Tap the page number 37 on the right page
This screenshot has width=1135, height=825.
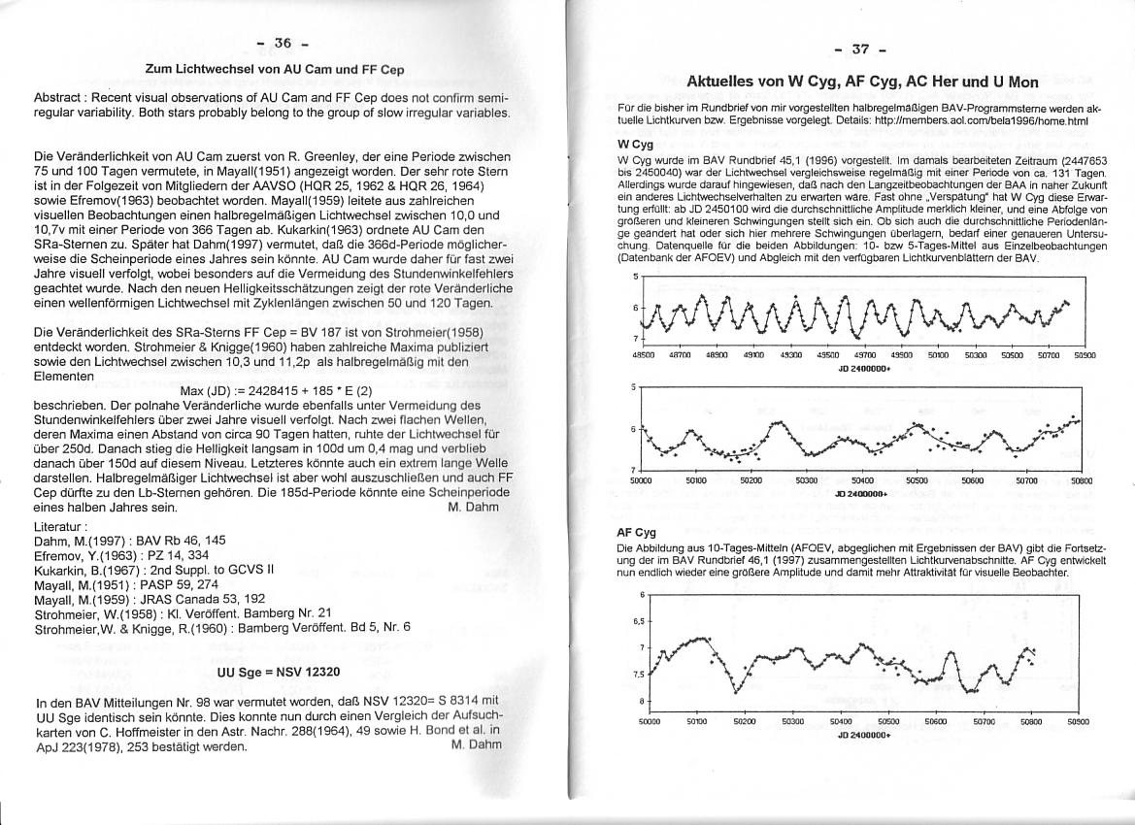tap(860, 49)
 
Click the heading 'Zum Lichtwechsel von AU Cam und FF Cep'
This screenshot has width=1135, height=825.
tap(275, 70)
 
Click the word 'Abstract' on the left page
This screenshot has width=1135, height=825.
tap(60, 99)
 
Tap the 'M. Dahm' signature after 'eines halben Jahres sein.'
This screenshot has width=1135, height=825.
tap(475, 507)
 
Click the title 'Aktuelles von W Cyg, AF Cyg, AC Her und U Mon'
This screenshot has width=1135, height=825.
tap(862, 82)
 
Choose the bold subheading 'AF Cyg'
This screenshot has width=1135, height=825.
tap(637, 533)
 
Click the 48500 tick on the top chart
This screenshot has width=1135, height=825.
tap(642, 356)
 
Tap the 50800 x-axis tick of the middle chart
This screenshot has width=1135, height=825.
tap(1082, 480)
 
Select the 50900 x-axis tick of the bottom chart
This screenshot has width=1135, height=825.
tap(1078, 722)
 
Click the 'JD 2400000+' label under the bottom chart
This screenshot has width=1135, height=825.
tap(862, 736)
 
